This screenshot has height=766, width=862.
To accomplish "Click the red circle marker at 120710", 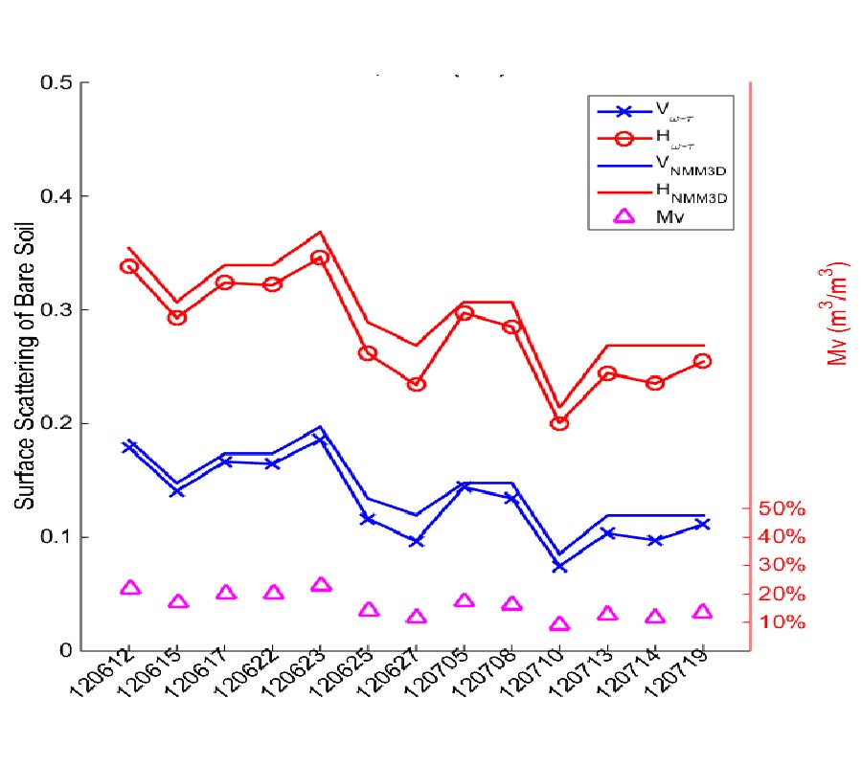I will click(559, 422).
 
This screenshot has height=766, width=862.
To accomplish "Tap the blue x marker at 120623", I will click(321, 439).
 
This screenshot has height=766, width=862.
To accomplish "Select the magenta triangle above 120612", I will click(130, 587).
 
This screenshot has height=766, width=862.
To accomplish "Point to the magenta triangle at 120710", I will click(559, 624).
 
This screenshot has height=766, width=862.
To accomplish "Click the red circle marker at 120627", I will click(417, 384).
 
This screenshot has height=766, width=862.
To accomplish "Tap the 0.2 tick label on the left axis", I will click(57, 423).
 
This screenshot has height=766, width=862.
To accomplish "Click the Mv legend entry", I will click(668, 216).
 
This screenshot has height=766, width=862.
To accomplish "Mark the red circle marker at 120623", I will click(321, 258).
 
